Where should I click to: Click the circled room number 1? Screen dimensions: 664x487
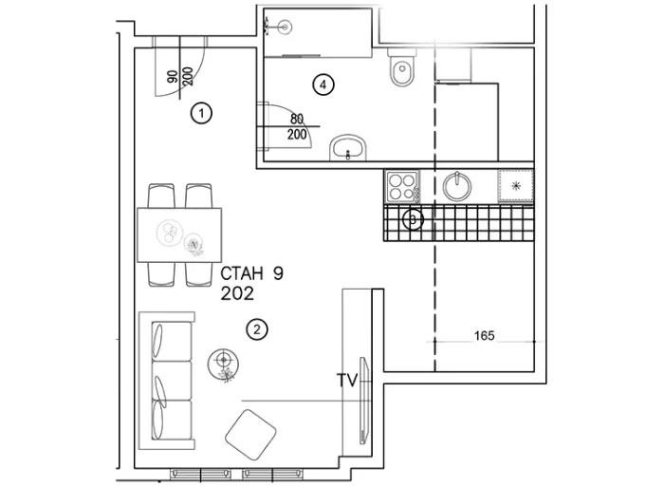tap(201, 113)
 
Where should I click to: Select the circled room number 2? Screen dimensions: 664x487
tap(257, 329)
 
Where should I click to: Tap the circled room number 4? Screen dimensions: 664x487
tap(323, 84)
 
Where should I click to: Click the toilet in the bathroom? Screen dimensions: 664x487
tap(402, 67)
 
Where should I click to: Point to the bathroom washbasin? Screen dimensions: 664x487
tap(348, 148)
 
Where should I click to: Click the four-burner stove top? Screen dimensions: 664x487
tap(402, 187)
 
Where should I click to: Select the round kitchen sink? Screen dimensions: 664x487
tap(457, 186)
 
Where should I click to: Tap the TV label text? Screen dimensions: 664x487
tap(347, 380)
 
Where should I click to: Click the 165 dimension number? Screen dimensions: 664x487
tap(485, 336)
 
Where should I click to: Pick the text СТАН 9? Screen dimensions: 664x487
tap(252, 273)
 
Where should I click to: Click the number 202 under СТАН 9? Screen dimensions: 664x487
tap(237, 293)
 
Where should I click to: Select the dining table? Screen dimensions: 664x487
tap(179, 234)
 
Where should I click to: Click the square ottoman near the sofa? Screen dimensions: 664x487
tap(250, 435)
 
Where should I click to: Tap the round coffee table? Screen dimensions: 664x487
tap(223, 365)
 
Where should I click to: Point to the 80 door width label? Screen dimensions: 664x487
tap(297, 119)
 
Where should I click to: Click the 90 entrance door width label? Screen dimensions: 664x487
tap(173, 77)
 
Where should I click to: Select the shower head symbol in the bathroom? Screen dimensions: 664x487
tap(283, 28)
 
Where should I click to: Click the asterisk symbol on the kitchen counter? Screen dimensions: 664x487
tap(516, 185)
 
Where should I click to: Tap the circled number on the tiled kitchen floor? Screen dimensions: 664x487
tap(413, 219)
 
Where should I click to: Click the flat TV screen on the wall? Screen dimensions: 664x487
tap(363, 401)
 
